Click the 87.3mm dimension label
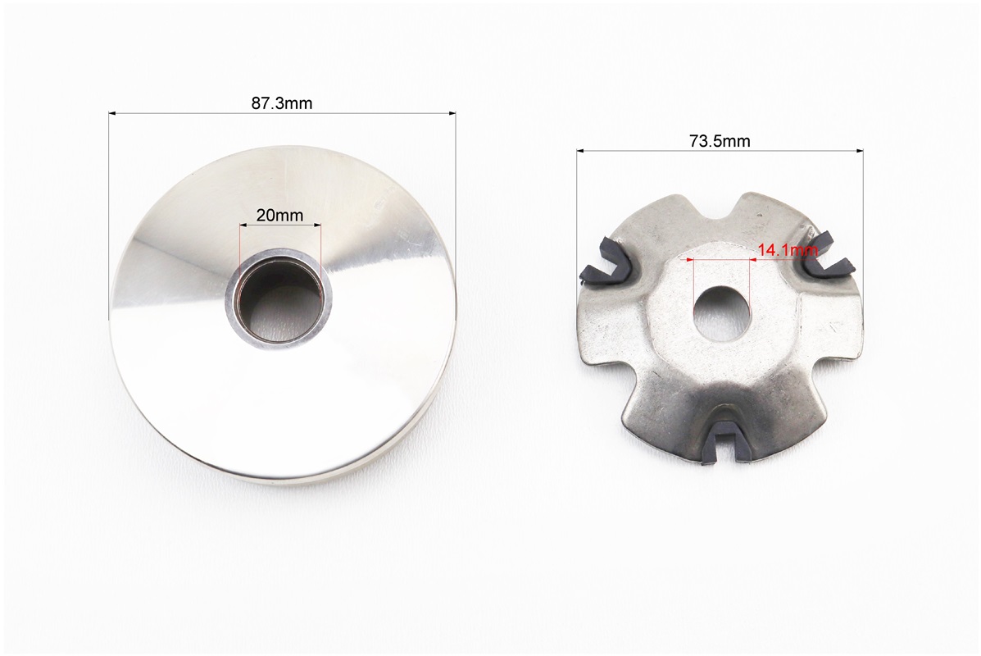pyautogui.click(x=282, y=103)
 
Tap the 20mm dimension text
pyautogui.click(x=279, y=216)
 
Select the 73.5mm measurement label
pyautogui.click(x=720, y=142)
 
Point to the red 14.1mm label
pyautogui.click(x=788, y=250)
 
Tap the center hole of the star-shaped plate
pyautogui.click(x=720, y=313)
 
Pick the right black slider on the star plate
pyautogui.click(x=827, y=257)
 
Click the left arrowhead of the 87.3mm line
pyautogui.click(x=112, y=113)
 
